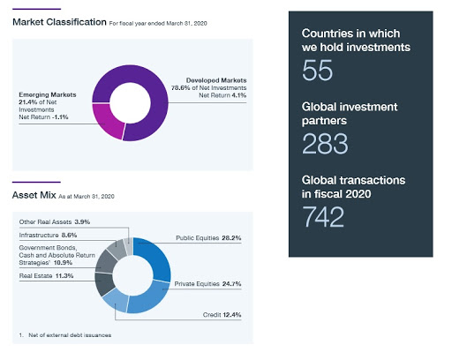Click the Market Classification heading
(x=59, y=22)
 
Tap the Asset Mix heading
(x=34, y=195)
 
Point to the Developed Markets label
(x=216, y=80)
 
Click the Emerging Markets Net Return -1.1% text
(x=43, y=117)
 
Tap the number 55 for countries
(x=317, y=70)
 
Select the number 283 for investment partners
(x=325, y=144)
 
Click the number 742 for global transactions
(x=323, y=217)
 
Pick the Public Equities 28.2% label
(x=208, y=238)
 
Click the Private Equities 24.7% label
(x=207, y=284)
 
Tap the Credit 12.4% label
(x=222, y=315)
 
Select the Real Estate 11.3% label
(x=46, y=276)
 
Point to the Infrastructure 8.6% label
(x=48, y=235)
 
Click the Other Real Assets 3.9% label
(x=55, y=221)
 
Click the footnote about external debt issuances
(x=65, y=335)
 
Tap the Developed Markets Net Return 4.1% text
(x=222, y=95)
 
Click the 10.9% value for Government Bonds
(x=63, y=263)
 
